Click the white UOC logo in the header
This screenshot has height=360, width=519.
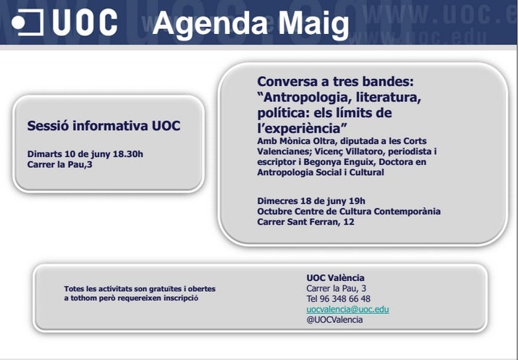(x=65, y=22)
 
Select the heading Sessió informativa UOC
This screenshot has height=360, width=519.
(x=104, y=125)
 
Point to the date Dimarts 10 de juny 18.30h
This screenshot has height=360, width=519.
(x=85, y=154)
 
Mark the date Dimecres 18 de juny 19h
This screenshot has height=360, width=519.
(x=311, y=201)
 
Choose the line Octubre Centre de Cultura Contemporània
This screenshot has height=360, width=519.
(x=349, y=212)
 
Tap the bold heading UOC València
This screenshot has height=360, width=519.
(x=335, y=277)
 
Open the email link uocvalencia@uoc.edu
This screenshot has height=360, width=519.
(x=347, y=309)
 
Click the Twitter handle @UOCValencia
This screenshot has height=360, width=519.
(x=334, y=319)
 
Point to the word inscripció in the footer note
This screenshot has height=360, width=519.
(x=178, y=298)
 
